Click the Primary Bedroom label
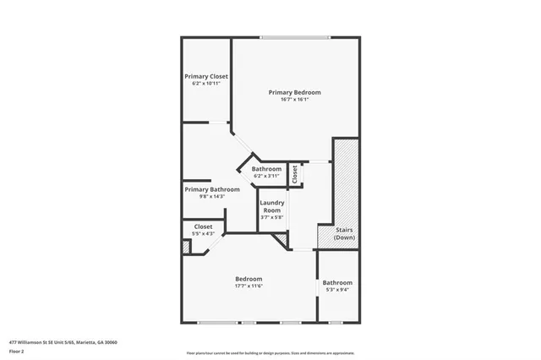(x=294, y=92)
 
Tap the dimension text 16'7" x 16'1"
(x=294, y=99)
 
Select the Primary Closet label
(x=206, y=76)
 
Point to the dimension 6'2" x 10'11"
(x=206, y=83)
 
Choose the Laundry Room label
(x=271, y=206)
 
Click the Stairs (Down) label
(x=344, y=234)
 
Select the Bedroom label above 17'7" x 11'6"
(x=249, y=279)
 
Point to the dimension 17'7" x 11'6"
(x=249, y=286)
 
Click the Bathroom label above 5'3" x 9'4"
(x=337, y=282)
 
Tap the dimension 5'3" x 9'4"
(x=337, y=289)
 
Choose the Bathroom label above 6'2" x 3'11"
(x=267, y=169)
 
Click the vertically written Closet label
(x=295, y=174)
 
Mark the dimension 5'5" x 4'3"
(x=204, y=233)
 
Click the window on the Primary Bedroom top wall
(x=295, y=37)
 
